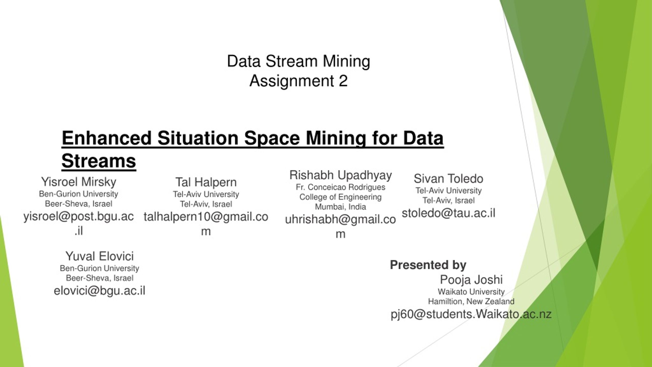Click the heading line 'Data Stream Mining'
tap(298, 61)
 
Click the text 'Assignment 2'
tap(298, 81)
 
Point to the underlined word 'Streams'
tap(99, 161)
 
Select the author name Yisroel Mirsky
tap(79, 182)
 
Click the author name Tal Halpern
tap(206, 182)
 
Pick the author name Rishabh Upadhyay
tap(341, 175)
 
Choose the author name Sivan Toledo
tap(449, 179)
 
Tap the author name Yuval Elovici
tap(100, 256)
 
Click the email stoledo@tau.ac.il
tap(449, 213)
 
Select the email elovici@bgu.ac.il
tap(100, 291)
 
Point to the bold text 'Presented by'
tap(428, 265)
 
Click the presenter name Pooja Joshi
tap(471, 280)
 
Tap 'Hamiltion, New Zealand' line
tap(471, 302)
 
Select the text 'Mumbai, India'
tap(341, 207)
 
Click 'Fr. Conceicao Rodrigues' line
tap(341, 187)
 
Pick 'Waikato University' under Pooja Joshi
tap(471, 292)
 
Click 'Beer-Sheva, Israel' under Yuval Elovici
tap(100, 278)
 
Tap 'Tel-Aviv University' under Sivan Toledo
tap(449, 191)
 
